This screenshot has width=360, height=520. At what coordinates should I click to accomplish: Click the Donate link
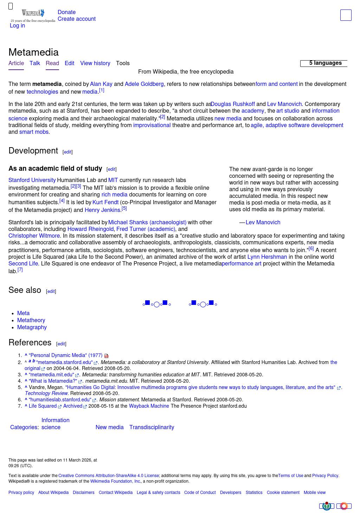[66, 12]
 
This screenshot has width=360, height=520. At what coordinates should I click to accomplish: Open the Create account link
[76, 19]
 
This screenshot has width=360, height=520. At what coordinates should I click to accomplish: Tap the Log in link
[17, 26]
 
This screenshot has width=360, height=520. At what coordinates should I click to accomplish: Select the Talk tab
[35, 63]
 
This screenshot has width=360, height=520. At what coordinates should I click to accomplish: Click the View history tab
[95, 63]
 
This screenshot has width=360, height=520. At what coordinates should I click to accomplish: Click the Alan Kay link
[101, 84]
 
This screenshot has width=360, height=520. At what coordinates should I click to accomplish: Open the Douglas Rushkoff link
[233, 104]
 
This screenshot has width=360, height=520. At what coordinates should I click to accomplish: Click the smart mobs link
[34, 132]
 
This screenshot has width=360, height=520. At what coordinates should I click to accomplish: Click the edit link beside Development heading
[67, 152]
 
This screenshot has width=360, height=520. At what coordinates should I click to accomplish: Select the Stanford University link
[32, 180]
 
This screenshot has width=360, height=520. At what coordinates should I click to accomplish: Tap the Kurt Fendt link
[105, 202]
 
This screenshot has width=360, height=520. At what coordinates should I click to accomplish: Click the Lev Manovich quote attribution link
[263, 223]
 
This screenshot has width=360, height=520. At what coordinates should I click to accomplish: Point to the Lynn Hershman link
[267, 257]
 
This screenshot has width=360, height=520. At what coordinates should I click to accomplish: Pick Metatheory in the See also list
[31, 320]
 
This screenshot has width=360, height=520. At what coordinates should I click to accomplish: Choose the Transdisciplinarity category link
[152, 427]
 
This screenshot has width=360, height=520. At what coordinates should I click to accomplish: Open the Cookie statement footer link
[283, 493]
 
